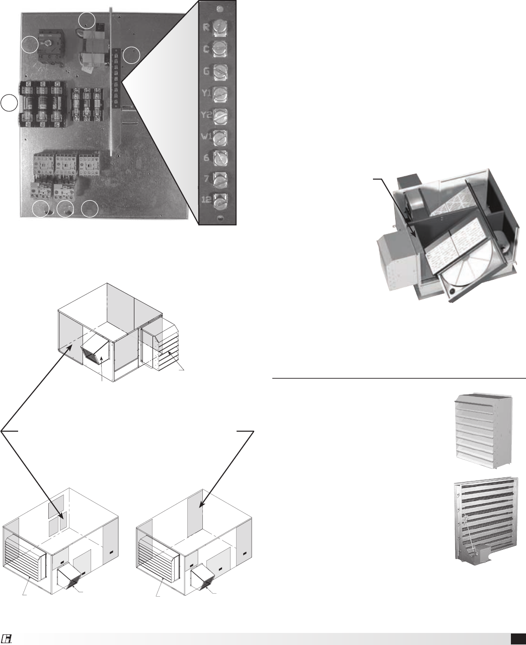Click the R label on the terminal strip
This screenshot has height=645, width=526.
point(206,27)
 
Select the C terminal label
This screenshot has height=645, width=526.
point(206,49)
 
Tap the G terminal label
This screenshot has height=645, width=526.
point(206,71)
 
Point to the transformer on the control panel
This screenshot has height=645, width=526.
point(95,48)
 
